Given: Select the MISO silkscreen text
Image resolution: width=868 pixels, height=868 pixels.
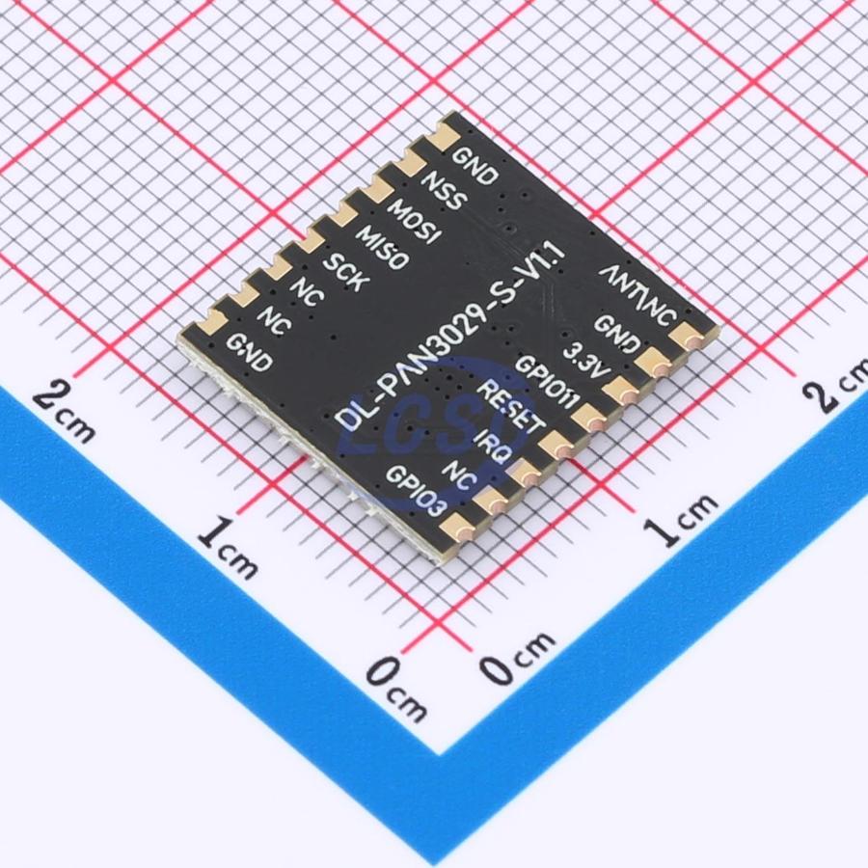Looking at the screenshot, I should [x=383, y=248].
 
